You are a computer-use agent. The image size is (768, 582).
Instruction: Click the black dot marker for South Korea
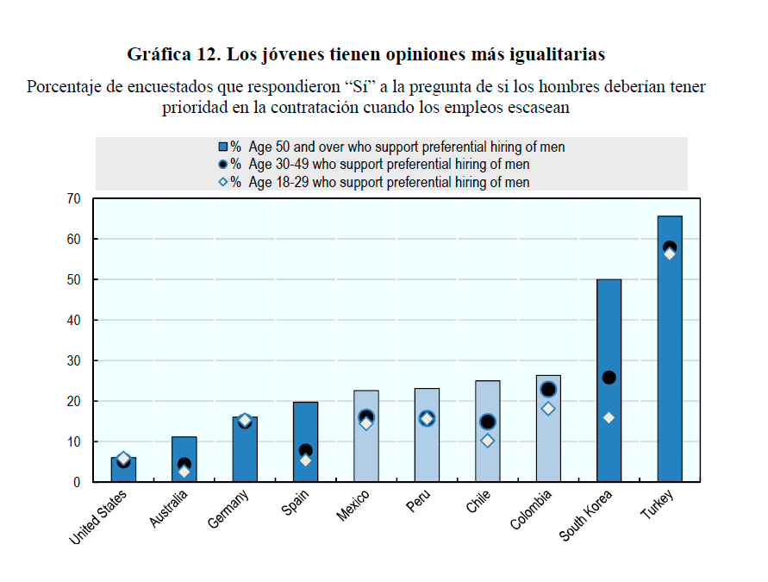(x=609, y=377)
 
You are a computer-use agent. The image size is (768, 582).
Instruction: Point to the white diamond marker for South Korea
(x=609, y=417)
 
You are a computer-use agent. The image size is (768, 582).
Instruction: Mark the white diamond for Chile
(x=487, y=441)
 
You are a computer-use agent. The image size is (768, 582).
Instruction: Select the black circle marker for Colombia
(x=548, y=390)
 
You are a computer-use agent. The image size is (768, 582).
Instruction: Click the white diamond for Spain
(x=305, y=460)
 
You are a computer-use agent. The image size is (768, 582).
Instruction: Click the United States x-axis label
(x=98, y=516)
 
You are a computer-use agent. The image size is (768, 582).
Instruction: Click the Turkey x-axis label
(x=657, y=505)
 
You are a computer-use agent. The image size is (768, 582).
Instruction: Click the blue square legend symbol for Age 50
(x=222, y=147)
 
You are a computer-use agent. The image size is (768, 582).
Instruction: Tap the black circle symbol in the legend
(x=222, y=164)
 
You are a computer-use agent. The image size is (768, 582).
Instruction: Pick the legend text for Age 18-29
(x=388, y=182)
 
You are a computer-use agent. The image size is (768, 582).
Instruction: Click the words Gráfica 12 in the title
(x=172, y=54)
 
